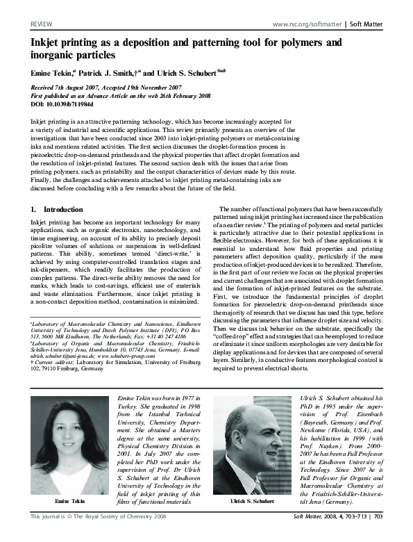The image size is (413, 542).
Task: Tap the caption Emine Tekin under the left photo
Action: pos(71,501)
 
